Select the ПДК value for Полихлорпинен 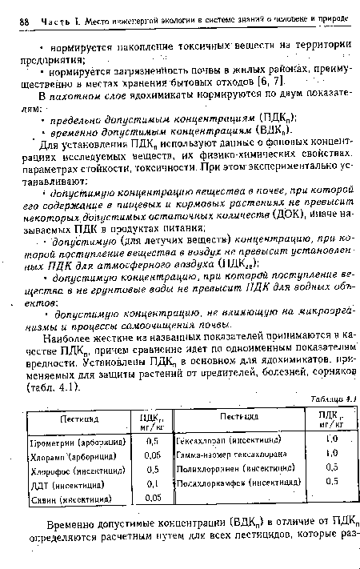tap(328, 469)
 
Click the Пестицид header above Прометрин tap(76, 419)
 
